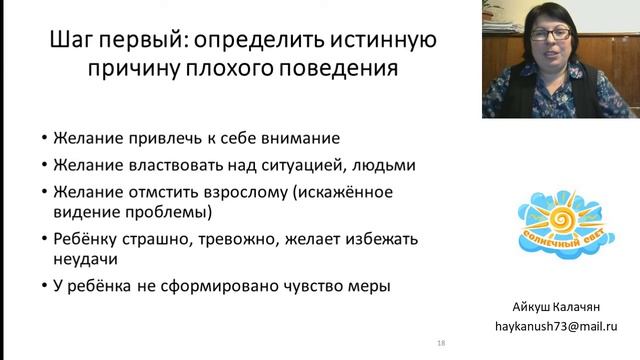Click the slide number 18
point(441,343)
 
